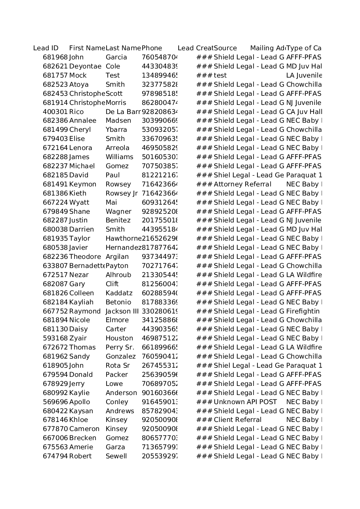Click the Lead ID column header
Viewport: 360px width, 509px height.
pos(46,48)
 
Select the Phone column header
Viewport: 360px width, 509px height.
pos(152,48)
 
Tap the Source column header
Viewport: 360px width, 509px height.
pos(225,48)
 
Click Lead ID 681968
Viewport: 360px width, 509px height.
pos(55,57)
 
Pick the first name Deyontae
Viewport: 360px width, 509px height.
pos(85,66)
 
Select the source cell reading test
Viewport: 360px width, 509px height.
pos(220,76)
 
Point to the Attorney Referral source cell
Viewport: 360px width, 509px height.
pos(242,184)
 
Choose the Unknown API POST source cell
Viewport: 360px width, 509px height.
pos(245,402)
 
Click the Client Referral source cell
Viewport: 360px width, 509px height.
pos(238,420)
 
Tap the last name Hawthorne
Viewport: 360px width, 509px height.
pos(123,239)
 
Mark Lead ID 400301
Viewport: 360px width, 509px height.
pos(55,112)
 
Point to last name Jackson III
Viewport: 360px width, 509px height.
pos(122,311)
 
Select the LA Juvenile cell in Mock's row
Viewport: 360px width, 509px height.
pos(304,76)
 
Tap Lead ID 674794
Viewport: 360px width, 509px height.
pos(55,456)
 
